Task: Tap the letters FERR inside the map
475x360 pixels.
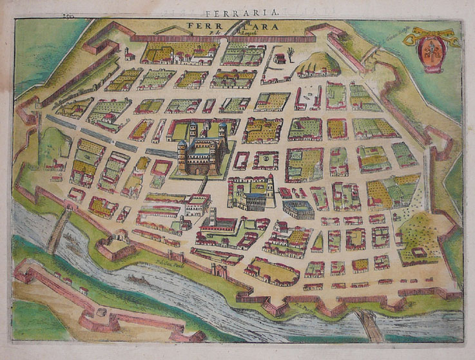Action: [202, 27]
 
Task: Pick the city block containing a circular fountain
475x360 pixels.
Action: [265, 158]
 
